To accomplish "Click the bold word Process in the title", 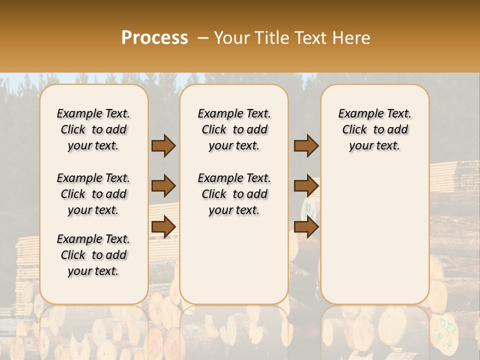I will point(154,38).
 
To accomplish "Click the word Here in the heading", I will point(351,38).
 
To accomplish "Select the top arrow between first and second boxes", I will point(163,146).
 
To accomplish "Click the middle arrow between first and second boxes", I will point(163,186).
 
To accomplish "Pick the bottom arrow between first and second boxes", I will point(163,226).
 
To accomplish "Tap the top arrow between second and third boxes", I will point(306,146).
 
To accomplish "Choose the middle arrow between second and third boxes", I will point(306,186).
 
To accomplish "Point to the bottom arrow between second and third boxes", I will point(306,226).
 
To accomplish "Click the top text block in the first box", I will point(93,129).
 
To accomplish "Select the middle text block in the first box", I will point(93,194).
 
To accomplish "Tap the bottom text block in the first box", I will point(93,255).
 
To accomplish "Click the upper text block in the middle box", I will point(234,129).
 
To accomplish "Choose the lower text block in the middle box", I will point(234,194).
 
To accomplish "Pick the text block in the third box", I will point(374,129).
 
